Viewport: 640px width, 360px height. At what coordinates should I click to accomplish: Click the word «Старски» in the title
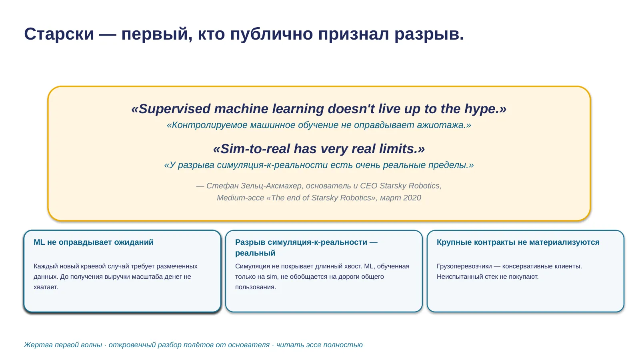[59, 34]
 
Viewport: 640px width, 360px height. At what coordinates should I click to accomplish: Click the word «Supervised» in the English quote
[174, 109]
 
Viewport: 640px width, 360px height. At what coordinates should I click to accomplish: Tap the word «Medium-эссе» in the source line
[240, 198]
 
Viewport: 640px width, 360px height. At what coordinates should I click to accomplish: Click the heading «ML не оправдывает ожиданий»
[94, 242]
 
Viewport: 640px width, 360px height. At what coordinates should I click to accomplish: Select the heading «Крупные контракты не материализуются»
[518, 242]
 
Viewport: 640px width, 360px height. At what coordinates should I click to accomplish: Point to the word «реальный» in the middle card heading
[255, 253]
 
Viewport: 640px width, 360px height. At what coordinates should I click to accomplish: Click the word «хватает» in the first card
[46, 287]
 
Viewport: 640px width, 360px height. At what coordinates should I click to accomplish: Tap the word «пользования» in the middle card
[256, 287]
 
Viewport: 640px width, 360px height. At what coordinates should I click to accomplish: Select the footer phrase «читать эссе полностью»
[320, 345]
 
